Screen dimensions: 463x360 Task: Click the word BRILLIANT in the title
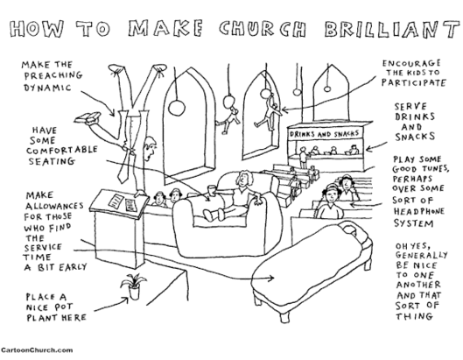click(x=391, y=29)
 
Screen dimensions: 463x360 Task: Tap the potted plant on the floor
click(x=133, y=286)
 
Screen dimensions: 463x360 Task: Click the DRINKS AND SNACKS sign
click(x=324, y=134)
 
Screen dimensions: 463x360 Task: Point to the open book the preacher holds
click(x=88, y=117)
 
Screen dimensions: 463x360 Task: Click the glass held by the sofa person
click(x=211, y=190)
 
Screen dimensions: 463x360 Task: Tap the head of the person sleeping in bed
click(x=350, y=229)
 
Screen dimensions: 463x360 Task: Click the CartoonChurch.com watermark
click(x=37, y=350)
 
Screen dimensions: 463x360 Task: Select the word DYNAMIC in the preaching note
click(x=47, y=88)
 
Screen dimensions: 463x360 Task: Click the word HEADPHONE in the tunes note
click(x=418, y=212)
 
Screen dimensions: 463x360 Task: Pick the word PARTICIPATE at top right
click(x=413, y=82)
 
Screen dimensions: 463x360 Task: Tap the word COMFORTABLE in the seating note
click(x=62, y=150)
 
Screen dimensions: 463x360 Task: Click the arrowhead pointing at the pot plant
click(x=125, y=300)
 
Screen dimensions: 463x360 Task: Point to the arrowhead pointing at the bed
click(x=271, y=278)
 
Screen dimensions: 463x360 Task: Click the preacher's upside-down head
click(x=150, y=149)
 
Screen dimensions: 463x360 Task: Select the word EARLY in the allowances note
click(x=73, y=267)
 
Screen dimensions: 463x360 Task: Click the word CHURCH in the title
click(x=263, y=29)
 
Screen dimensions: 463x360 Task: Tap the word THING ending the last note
click(x=414, y=316)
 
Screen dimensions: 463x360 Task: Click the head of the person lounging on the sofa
click(x=244, y=179)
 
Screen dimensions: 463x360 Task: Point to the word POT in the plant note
click(x=64, y=307)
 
